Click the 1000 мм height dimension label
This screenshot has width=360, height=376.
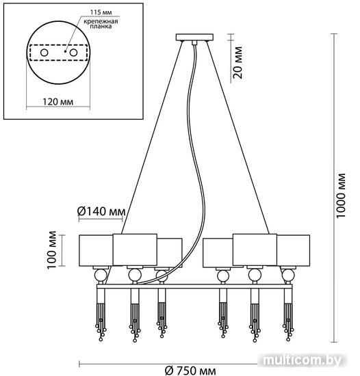[x=341, y=196]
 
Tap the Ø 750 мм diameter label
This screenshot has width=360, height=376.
[x=190, y=371]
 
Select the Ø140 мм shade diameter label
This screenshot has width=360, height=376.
[x=101, y=211]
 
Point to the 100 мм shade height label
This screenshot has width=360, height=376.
[x=52, y=250]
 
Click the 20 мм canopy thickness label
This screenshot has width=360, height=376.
[x=237, y=63]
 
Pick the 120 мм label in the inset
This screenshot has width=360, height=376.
[x=58, y=102]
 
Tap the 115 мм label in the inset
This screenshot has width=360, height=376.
[x=101, y=12]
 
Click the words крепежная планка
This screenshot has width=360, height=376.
[x=101, y=24]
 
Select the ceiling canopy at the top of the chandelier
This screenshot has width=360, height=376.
[x=194, y=37]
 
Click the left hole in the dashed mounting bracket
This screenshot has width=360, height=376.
[x=44, y=53]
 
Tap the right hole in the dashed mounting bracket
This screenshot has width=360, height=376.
[x=73, y=53]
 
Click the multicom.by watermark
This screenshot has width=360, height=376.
[x=302, y=360]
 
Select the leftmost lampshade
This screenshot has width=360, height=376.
[x=96, y=251]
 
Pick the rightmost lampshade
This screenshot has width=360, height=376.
[x=293, y=251]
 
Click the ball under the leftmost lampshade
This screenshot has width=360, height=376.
[x=101, y=276]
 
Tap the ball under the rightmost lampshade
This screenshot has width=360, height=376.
[x=288, y=276]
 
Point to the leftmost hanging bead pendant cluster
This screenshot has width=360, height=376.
[x=101, y=321]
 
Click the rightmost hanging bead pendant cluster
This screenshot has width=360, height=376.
[x=288, y=321]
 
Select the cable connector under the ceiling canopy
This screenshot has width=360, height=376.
[x=194, y=43]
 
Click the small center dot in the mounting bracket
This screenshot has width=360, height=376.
[x=65, y=51]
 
